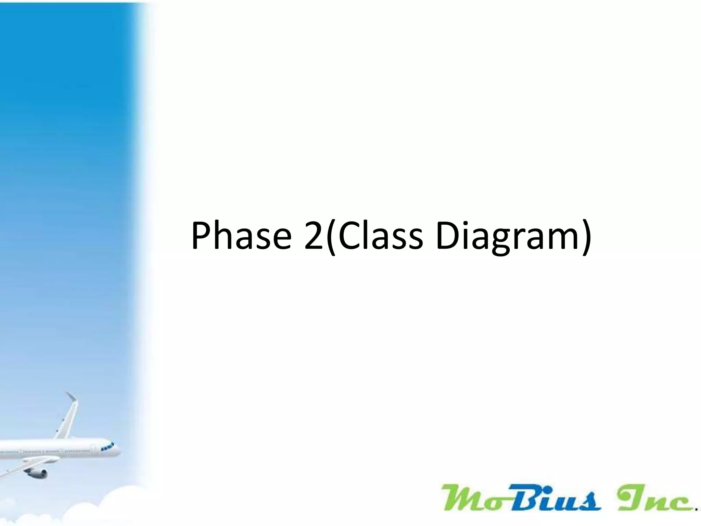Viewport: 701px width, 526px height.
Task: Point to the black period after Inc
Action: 697,509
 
